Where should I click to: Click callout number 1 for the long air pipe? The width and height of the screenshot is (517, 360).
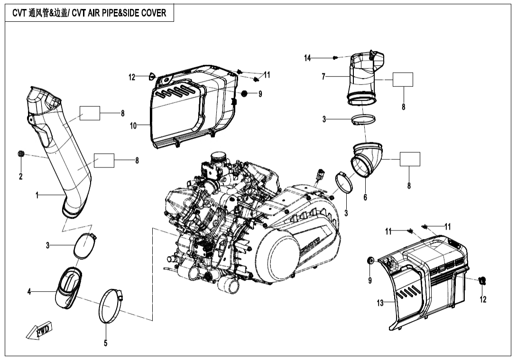(x=37, y=195)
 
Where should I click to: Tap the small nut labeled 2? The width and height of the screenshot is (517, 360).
(x=21, y=153)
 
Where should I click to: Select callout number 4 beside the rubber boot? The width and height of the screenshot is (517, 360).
(x=29, y=292)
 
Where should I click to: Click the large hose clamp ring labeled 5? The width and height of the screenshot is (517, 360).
(x=111, y=307)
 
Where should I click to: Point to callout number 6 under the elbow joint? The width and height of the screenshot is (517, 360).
(x=365, y=197)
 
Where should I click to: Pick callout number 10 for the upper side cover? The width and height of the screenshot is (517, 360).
(x=133, y=126)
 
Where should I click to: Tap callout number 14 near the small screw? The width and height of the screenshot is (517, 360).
(x=308, y=58)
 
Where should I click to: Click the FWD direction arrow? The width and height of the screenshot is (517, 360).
(x=39, y=331)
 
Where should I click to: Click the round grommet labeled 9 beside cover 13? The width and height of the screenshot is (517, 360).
(x=371, y=260)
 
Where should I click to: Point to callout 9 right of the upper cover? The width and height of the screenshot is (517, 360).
(x=260, y=94)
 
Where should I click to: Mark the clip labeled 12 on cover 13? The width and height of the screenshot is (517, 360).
(x=483, y=281)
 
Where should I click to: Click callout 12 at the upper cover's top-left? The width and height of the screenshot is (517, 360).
(x=132, y=77)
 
